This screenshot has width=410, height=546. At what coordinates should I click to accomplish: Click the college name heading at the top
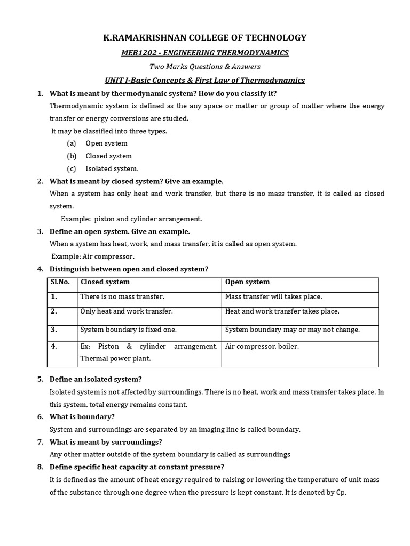point(204,37)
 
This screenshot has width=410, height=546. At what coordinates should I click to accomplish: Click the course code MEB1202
point(136,53)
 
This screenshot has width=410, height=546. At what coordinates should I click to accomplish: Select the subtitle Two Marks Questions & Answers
point(204,66)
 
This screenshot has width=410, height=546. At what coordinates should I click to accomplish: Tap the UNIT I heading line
point(204,80)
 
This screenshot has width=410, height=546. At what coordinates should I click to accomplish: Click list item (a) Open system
point(106,143)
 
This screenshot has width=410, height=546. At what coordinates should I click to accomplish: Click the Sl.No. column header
point(60,282)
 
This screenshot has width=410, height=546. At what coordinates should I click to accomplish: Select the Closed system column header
point(105,282)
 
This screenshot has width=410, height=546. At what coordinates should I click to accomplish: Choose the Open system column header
point(247,282)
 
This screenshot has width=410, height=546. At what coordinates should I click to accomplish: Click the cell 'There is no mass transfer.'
point(122,296)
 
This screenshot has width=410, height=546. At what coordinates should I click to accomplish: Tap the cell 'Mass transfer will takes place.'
point(273,296)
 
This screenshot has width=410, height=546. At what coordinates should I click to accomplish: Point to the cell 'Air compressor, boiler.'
point(262,347)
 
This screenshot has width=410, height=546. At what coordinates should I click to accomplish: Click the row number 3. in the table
point(54,330)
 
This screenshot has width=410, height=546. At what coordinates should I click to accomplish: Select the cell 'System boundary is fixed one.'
point(128,330)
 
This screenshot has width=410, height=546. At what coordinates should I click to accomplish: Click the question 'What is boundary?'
point(82,416)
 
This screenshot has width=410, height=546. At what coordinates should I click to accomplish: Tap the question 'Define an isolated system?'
point(96,379)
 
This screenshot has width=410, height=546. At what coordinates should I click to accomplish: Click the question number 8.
point(40,468)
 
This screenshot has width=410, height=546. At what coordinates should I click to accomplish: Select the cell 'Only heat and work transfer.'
point(127,311)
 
